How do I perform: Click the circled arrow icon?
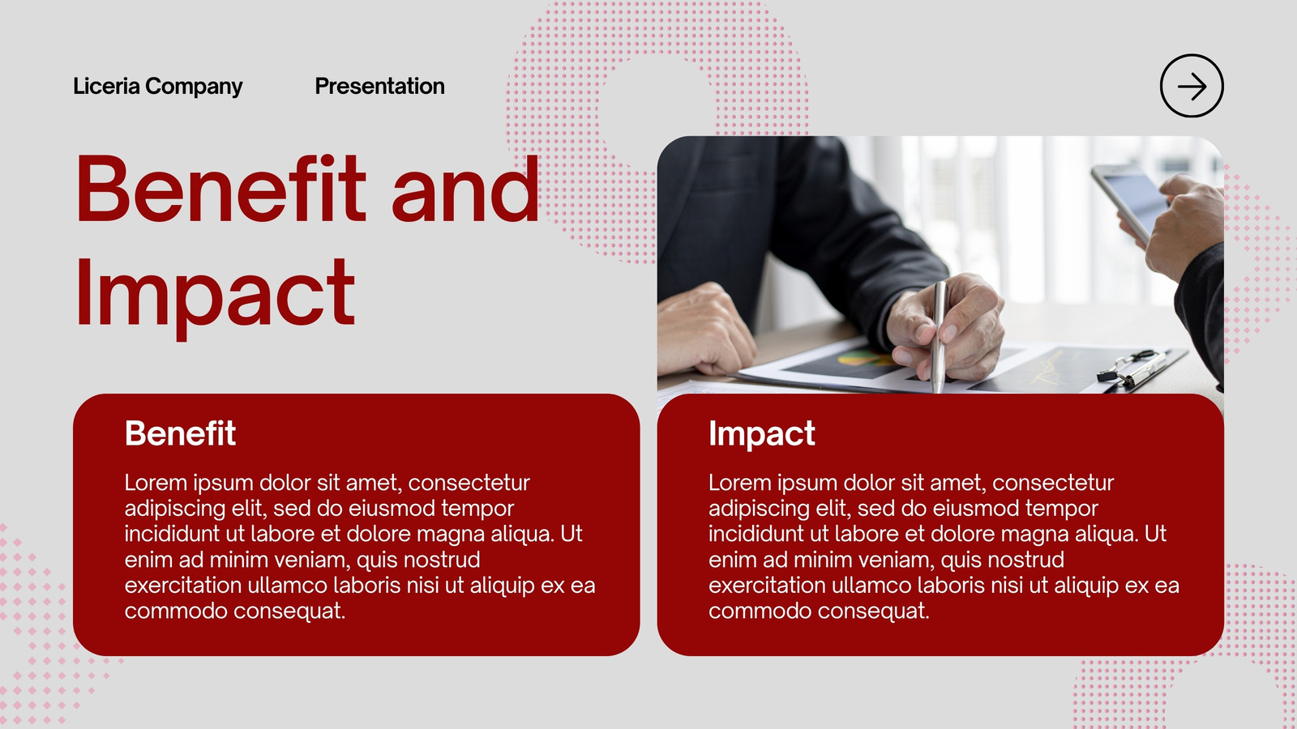click(1192, 86)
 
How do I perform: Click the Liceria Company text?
click(157, 86)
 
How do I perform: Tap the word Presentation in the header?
click(380, 86)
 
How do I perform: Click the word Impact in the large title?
click(215, 294)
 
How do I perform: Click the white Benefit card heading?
click(180, 433)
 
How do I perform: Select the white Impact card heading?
click(761, 434)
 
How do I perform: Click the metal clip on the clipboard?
click(1132, 368)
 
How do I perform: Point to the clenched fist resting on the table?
click(704, 330)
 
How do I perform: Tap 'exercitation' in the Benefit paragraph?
click(183, 586)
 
